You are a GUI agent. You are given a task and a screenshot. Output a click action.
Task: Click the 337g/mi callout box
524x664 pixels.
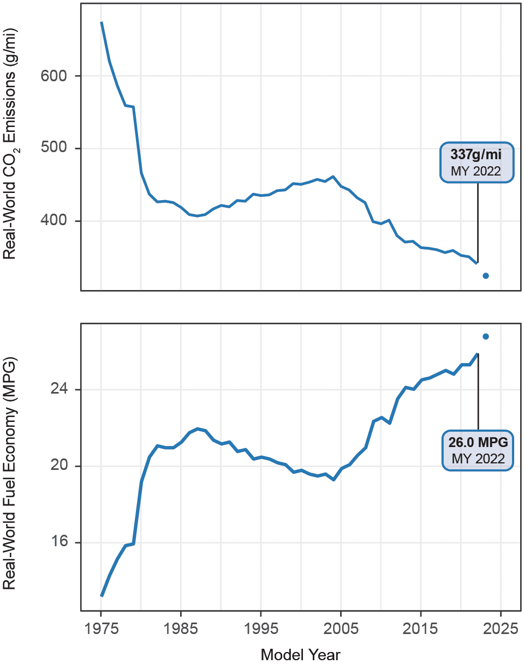point(475,162)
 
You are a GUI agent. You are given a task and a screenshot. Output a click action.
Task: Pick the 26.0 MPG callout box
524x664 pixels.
point(478,448)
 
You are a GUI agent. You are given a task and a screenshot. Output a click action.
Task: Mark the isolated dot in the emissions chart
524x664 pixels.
point(486,276)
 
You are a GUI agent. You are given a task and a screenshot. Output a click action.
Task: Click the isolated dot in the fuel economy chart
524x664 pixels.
point(486,336)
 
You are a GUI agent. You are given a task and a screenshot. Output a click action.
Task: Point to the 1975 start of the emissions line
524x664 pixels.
point(102,23)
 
